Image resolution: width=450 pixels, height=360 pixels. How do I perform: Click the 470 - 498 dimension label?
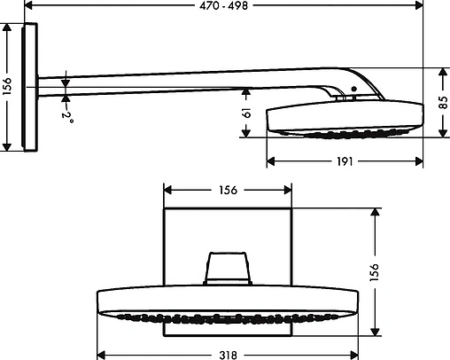pyautogui.click(x=223, y=5)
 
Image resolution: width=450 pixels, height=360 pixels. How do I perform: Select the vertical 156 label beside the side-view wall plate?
pyautogui.click(x=8, y=87)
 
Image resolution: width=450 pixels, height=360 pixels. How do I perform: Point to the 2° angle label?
pyautogui.click(x=66, y=114)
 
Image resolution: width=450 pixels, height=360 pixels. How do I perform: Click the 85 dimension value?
pyautogui.click(x=443, y=101)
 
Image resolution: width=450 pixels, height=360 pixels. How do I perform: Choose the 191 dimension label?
pyautogui.click(x=345, y=161)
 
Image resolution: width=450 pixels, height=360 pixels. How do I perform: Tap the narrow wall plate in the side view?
pyautogui.click(x=32, y=87)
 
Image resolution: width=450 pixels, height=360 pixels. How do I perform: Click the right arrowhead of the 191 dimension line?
pyautogui.click(x=420, y=161)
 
